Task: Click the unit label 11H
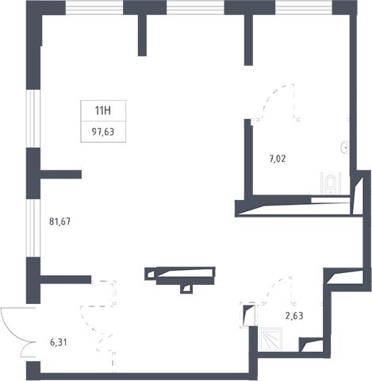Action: click(x=103, y=110)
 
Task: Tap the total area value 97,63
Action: click(x=103, y=132)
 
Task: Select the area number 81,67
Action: click(x=60, y=221)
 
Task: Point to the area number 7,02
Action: click(x=278, y=159)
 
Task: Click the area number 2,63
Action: click(x=294, y=316)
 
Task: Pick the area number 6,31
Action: click(x=59, y=343)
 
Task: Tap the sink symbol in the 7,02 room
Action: click(x=346, y=147)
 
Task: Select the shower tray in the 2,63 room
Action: click(x=270, y=339)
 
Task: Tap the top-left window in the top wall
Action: click(x=94, y=7)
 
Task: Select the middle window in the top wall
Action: click(x=195, y=7)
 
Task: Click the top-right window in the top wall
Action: click(x=304, y=7)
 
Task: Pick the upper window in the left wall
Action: click(x=33, y=118)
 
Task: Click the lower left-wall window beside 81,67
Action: click(x=33, y=228)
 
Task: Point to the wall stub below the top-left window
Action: click(x=142, y=35)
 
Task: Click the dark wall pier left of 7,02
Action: click(x=248, y=158)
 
